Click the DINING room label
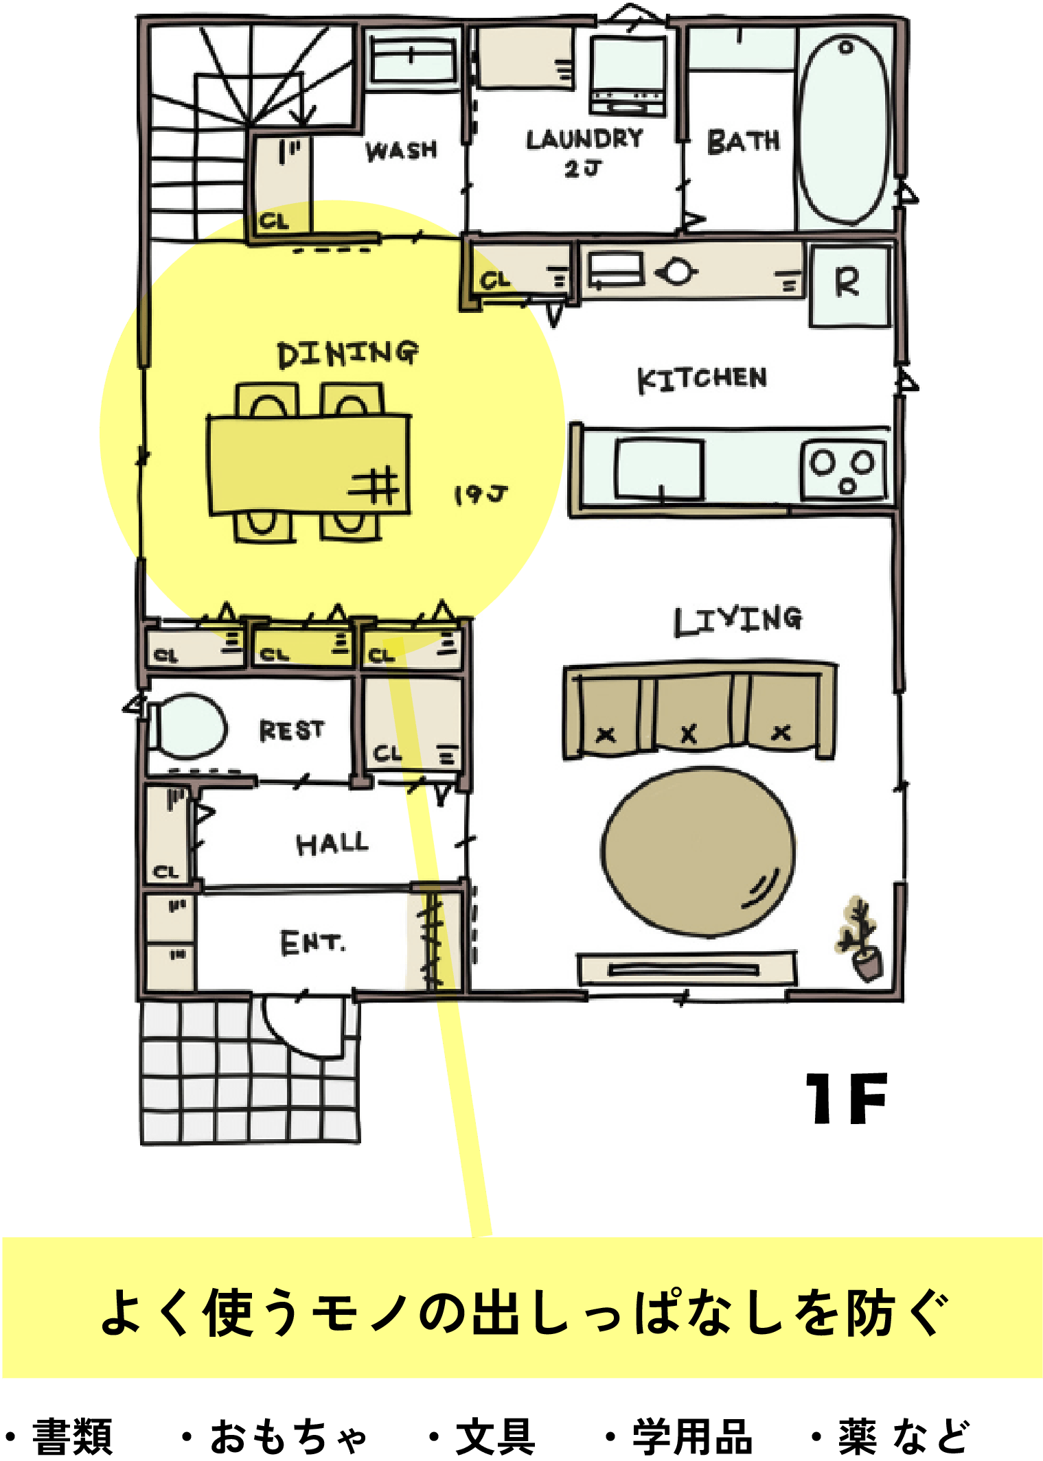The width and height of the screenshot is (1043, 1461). point(347,353)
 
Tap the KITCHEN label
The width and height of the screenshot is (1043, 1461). point(702,379)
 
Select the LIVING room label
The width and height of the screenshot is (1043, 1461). point(738,620)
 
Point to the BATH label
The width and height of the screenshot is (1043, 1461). point(744,141)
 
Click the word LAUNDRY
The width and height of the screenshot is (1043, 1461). point(584,139)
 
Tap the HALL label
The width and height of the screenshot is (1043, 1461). point(332,843)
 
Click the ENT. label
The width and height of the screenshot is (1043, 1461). point(312,943)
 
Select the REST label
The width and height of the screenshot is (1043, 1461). point(291,730)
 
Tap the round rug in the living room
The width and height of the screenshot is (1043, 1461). point(698,852)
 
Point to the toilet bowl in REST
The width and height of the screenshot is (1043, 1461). point(187,726)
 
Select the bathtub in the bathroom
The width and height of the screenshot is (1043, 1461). point(845,130)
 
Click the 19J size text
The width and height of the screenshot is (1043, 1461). point(481,494)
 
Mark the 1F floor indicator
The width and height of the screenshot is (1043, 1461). point(847,1099)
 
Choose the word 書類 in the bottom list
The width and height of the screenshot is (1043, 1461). point(72,1436)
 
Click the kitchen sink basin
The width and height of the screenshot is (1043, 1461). point(659,469)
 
